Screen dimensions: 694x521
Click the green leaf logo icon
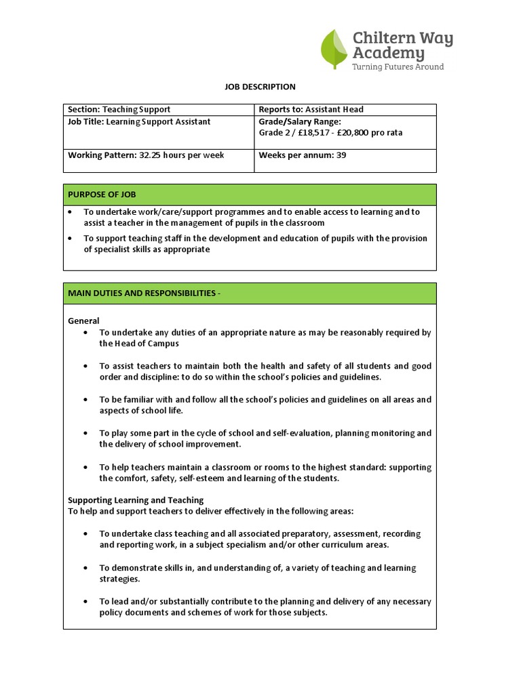point(334,49)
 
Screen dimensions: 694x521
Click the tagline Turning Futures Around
point(398,67)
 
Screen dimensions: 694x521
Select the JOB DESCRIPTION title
point(260,87)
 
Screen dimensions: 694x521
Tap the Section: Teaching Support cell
point(119,110)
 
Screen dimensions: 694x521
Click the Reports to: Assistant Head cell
point(311,110)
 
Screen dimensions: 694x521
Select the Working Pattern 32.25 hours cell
point(146,155)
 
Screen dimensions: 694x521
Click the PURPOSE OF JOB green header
point(102,195)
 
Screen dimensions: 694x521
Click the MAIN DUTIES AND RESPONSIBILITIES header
point(144,293)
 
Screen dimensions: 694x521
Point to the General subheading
point(84,321)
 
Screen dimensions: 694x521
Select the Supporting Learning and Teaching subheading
point(136,500)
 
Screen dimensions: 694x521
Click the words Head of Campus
point(139,344)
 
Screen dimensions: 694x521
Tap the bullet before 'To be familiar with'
point(85,400)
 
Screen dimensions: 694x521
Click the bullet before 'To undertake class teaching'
point(85,534)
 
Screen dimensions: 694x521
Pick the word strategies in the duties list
point(119,579)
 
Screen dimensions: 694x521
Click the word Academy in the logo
point(389,53)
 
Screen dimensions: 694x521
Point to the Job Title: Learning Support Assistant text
point(139,122)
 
